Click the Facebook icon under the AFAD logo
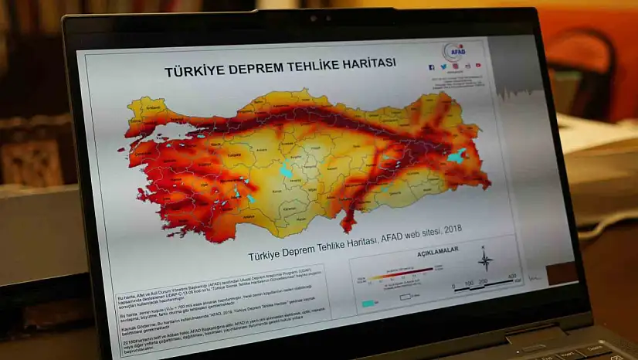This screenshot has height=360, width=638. (432, 67)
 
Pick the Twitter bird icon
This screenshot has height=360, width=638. (443, 67)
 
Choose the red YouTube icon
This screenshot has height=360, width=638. (478, 66)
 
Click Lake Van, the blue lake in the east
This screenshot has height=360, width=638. (456, 155)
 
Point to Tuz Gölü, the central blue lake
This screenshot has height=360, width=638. (287, 170)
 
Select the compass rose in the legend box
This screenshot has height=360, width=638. (485, 260)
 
